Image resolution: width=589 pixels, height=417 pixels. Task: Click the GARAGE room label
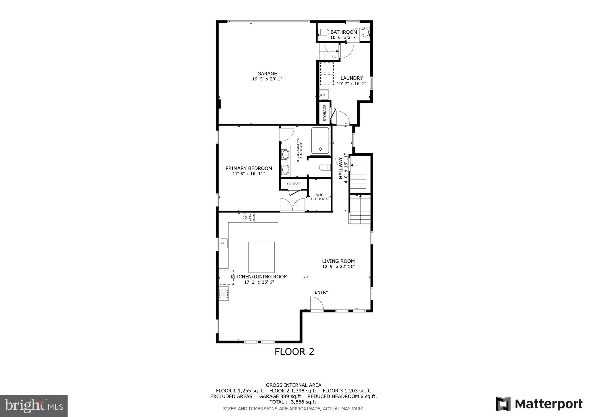tap(267, 74)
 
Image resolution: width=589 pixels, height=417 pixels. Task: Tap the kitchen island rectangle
tap(261, 257)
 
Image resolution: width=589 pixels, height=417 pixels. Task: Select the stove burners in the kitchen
tap(248, 217)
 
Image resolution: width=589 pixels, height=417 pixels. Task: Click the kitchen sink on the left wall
tap(223, 243)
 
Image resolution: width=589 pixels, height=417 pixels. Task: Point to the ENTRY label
tap(321, 292)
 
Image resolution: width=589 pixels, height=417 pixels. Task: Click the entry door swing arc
tap(317, 304)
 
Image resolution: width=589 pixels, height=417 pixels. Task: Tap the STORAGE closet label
tap(325, 113)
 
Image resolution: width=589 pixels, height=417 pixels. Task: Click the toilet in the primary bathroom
tap(325, 167)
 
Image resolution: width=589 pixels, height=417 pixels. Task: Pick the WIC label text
tap(320, 195)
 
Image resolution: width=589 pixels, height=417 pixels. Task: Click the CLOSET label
tap(294, 184)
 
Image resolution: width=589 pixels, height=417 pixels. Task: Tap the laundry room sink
tap(324, 95)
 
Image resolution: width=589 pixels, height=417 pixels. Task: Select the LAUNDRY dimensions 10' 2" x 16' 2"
tap(351, 84)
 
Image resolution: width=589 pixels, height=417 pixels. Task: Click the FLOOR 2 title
tap(294, 352)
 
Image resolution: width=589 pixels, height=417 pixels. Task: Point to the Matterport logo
tap(539, 404)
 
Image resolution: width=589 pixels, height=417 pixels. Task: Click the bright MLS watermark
tap(34, 406)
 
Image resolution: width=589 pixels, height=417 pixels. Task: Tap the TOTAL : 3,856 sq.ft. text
tap(293, 402)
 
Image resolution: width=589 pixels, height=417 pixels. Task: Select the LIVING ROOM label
tap(338, 261)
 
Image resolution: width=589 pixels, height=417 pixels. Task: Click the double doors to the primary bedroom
tap(292, 205)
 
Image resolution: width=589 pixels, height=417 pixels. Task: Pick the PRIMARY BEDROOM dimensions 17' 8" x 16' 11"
tap(248, 174)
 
